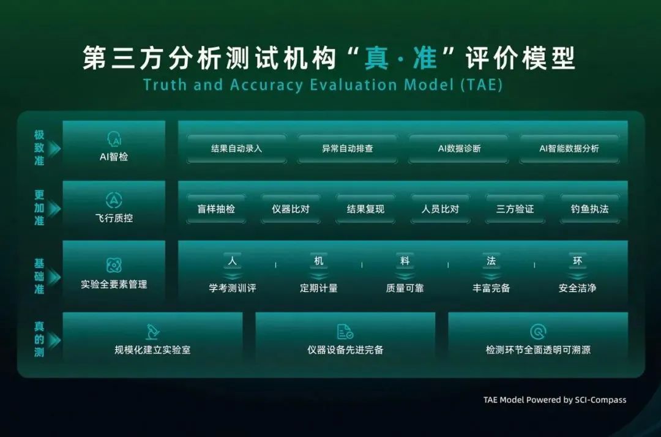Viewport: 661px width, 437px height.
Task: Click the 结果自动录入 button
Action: [x=236, y=148]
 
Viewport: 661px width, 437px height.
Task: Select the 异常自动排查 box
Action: [x=348, y=148]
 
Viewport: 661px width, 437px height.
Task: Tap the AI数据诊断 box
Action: [x=458, y=148]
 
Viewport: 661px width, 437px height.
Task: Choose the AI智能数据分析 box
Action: [x=569, y=148]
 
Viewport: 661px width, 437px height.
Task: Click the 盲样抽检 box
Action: [x=216, y=209]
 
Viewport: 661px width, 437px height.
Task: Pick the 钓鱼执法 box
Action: [x=590, y=209]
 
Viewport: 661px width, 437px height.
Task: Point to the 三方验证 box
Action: [x=515, y=209]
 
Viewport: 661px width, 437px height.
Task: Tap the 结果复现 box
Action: [x=365, y=209]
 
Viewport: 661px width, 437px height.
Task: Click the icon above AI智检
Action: [x=114, y=139]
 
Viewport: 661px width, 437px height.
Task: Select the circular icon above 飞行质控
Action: [x=114, y=200]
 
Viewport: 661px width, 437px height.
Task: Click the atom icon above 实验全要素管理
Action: [x=114, y=266]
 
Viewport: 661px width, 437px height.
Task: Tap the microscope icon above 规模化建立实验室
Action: [x=152, y=332]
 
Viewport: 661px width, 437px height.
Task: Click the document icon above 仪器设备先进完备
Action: [x=345, y=332]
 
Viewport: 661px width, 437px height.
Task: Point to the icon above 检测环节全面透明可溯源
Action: [x=538, y=332]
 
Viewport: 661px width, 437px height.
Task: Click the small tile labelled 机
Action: [x=319, y=261]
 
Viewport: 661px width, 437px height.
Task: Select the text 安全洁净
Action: [x=577, y=288]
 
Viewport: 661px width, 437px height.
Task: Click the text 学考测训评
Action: [x=233, y=288]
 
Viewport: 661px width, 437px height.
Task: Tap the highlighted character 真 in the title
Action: [x=376, y=58]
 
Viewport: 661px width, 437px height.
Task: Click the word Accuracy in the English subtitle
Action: [x=266, y=84]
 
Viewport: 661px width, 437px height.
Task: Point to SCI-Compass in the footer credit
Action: [x=601, y=400]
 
